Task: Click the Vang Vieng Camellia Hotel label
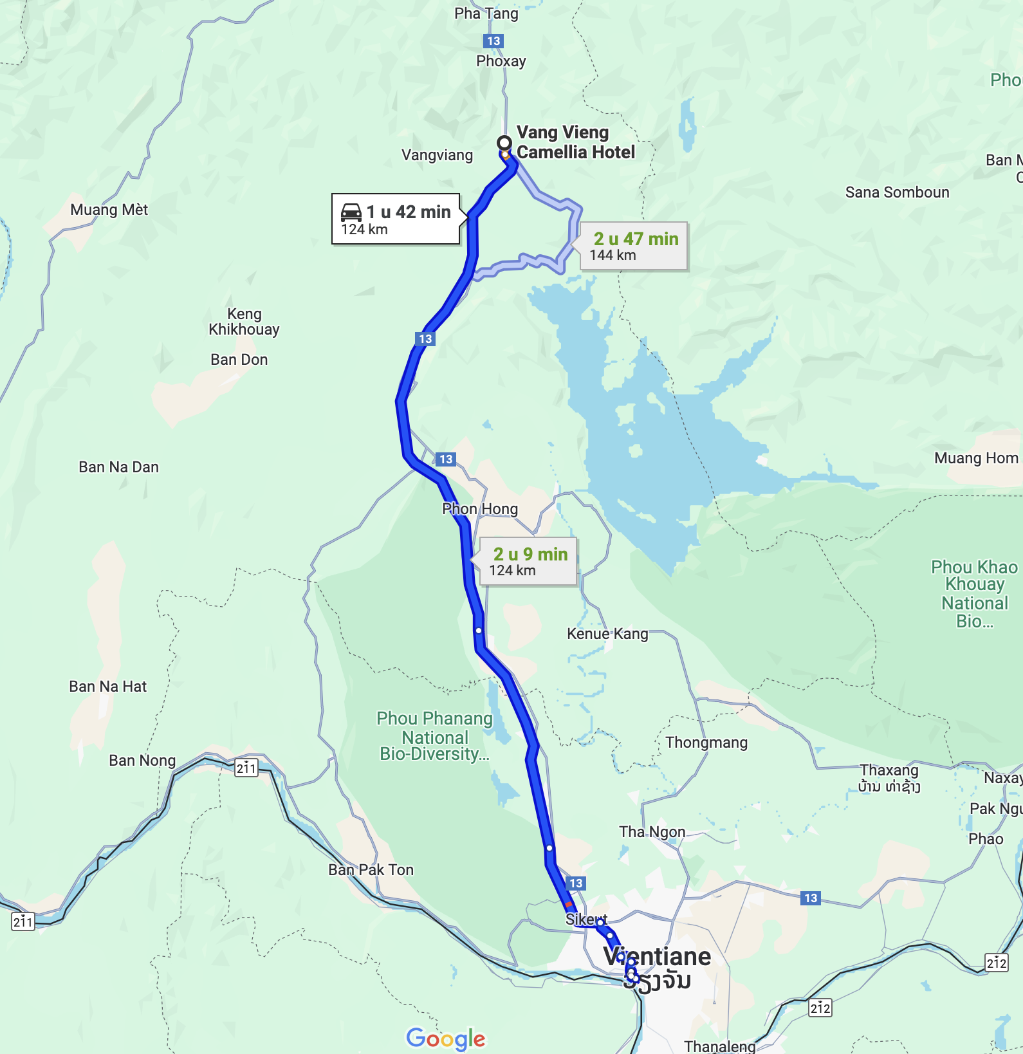point(575,142)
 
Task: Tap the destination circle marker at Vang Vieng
point(504,143)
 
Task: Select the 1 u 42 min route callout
point(396,219)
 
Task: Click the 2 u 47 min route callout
point(634,246)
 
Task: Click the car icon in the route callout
point(351,212)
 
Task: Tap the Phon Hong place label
point(480,509)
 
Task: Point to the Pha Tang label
point(486,14)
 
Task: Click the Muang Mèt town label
point(109,210)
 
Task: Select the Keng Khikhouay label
point(244,322)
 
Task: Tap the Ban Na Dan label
point(118,467)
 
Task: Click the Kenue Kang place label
point(607,634)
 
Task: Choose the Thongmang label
point(706,743)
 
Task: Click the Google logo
point(445,1038)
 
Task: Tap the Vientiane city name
point(657,957)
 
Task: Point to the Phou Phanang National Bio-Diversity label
point(435,736)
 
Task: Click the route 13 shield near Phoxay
point(493,41)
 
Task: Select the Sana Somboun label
point(897,192)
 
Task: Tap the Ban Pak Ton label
point(371,870)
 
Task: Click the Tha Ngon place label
point(652,832)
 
